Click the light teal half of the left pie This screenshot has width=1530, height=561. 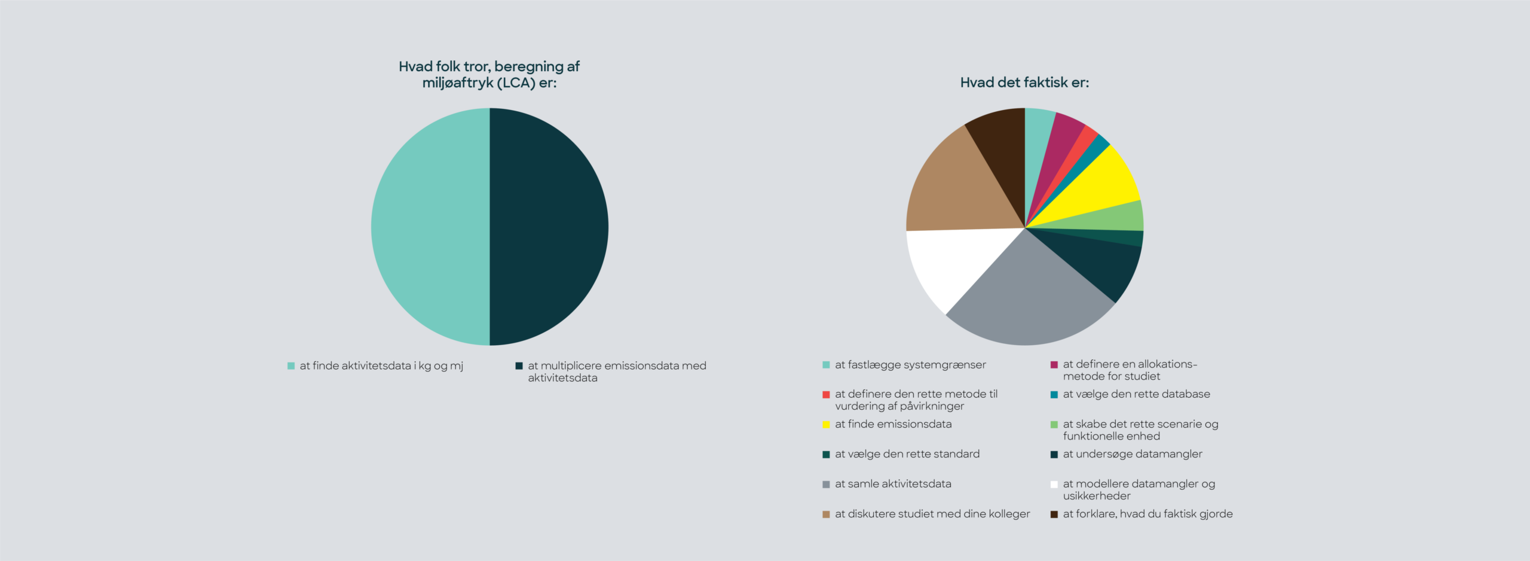430,227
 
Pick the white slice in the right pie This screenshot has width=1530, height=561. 950,263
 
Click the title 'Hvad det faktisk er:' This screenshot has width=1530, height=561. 1024,83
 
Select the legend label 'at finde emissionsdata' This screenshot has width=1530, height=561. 893,424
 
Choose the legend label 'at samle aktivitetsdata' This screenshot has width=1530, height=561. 893,484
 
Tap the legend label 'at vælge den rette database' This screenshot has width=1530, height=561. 1136,394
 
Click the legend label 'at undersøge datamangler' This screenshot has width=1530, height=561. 1133,454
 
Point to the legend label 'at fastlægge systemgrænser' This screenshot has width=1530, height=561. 910,365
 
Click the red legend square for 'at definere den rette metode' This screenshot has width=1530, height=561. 826,395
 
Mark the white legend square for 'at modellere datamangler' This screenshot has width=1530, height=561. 1054,484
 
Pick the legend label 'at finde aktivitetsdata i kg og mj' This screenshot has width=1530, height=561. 381,365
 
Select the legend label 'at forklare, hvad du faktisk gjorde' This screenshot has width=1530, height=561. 1147,514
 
